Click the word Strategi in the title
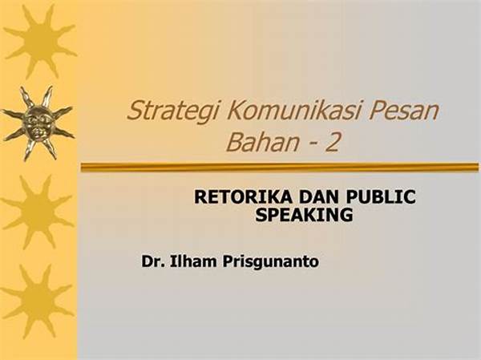click(173, 111)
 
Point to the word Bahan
click(262, 143)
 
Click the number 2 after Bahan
click(332, 143)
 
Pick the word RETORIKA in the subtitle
click(243, 196)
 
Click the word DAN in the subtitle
click(319, 196)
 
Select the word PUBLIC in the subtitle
click(381, 196)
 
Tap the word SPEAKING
click(305, 215)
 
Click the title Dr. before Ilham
click(152, 262)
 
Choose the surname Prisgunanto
click(271, 262)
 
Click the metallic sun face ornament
click(38, 123)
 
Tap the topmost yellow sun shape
click(40, 42)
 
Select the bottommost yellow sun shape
click(37, 301)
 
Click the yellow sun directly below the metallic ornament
click(38, 212)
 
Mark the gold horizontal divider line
click(280, 168)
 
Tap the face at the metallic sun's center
click(38, 123)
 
